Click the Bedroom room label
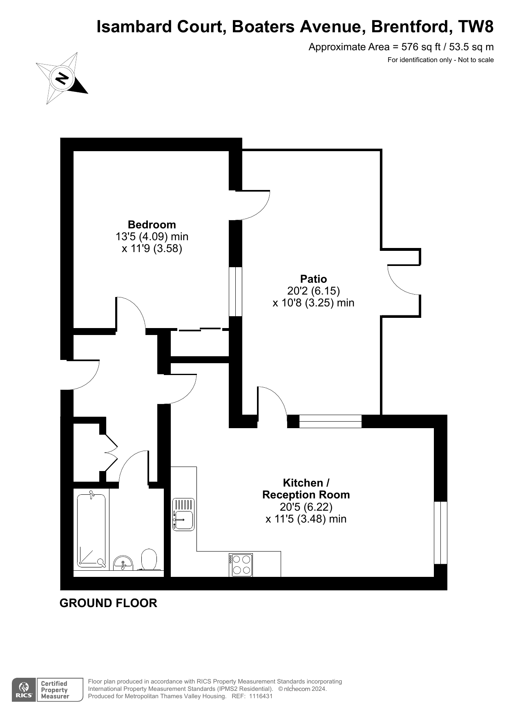(x=152, y=225)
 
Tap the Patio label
(x=313, y=279)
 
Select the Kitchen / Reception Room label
(x=306, y=489)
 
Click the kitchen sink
(x=183, y=514)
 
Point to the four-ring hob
(x=241, y=565)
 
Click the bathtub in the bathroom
(x=92, y=530)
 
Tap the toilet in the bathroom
(x=149, y=559)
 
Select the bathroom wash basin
(x=123, y=563)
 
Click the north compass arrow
(x=62, y=78)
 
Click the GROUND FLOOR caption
(x=108, y=603)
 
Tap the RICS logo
(x=24, y=690)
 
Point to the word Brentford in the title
(x=411, y=27)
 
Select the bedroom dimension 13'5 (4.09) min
(x=152, y=237)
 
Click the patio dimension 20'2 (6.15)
(x=314, y=291)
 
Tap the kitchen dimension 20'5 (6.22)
(x=306, y=507)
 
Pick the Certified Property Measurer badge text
(x=55, y=690)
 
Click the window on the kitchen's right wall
(x=440, y=533)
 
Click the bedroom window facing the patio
(x=235, y=292)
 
